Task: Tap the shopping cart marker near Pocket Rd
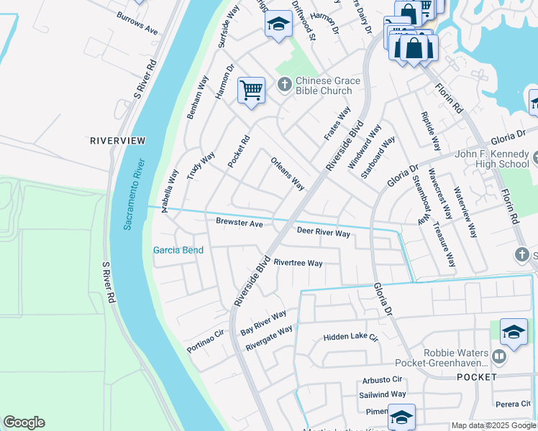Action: [x=251, y=91]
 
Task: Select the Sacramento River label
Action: [x=134, y=193]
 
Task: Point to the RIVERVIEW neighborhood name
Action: [x=117, y=141]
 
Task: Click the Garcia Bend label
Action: [x=178, y=250]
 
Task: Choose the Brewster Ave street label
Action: [x=239, y=223]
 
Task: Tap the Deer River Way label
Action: [x=323, y=233]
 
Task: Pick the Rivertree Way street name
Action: [x=298, y=263]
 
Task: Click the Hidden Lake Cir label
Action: [x=350, y=337]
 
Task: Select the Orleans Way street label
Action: [x=288, y=174]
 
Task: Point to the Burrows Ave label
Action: [x=137, y=24]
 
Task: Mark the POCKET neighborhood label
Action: [x=476, y=377]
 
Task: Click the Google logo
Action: [x=24, y=422]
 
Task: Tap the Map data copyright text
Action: [x=494, y=425]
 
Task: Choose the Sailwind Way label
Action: [x=383, y=394]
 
